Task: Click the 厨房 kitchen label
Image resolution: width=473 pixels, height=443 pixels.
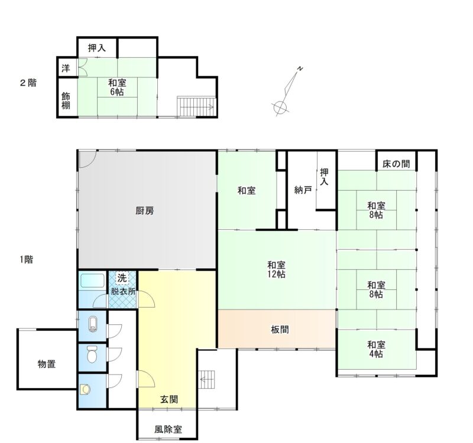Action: [x=145, y=211]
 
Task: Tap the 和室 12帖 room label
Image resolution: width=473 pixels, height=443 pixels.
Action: [x=276, y=270]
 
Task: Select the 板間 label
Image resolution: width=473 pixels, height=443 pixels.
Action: [x=280, y=330]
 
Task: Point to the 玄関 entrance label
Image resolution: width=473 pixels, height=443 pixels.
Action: [x=169, y=399]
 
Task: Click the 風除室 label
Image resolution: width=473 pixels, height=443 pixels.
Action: [x=169, y=429]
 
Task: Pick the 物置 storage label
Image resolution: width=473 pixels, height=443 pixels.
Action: [x=47, y=364]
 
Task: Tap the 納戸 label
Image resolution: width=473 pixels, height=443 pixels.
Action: [x=303, y=190]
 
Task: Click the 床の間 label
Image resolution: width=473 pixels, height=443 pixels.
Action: [x=396, y=164]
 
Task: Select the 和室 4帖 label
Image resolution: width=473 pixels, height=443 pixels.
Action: [x=376, y=349]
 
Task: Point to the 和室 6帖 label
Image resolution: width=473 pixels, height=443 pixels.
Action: [x=117, y=87]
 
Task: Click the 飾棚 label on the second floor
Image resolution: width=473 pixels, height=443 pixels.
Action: [x=66, y=100]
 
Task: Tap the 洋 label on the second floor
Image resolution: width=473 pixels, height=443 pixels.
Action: [x=66, y=69]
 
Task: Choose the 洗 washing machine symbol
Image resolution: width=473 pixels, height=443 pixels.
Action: [x=122, y=278]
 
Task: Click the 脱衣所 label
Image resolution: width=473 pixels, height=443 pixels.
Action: [x=123, y=292]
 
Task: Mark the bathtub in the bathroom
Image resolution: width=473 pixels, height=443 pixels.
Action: [x=93, y=281]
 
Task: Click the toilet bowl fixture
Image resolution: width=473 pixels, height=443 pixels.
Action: [x=92, y=354]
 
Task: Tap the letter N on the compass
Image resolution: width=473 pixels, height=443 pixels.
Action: [x=300, y=69]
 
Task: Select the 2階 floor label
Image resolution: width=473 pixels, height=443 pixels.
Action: [x=28, y=83]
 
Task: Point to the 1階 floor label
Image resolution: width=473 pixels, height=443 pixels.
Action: [x=27, y=259]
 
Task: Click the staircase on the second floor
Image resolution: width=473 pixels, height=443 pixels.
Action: [x=196, y=106]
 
